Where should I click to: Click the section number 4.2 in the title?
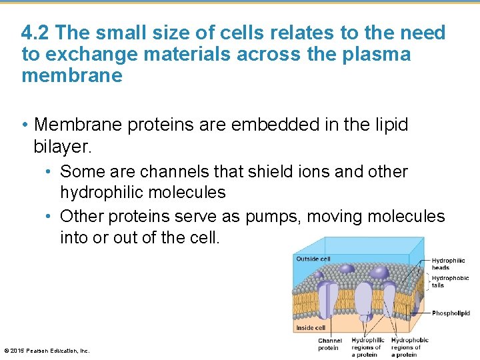(35, 33)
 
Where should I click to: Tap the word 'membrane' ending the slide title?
(72, 76)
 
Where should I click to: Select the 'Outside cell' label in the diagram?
(313, 259)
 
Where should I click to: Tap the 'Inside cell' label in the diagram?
(311, 328)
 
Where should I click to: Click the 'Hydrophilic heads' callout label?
(449, 264)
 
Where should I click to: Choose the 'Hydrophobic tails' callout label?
(450, 281)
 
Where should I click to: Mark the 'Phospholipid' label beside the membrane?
(451, 313)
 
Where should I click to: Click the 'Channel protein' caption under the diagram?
(329, 344)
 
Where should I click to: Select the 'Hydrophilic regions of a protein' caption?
(367, 347)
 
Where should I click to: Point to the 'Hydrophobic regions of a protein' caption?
(409, 347)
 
